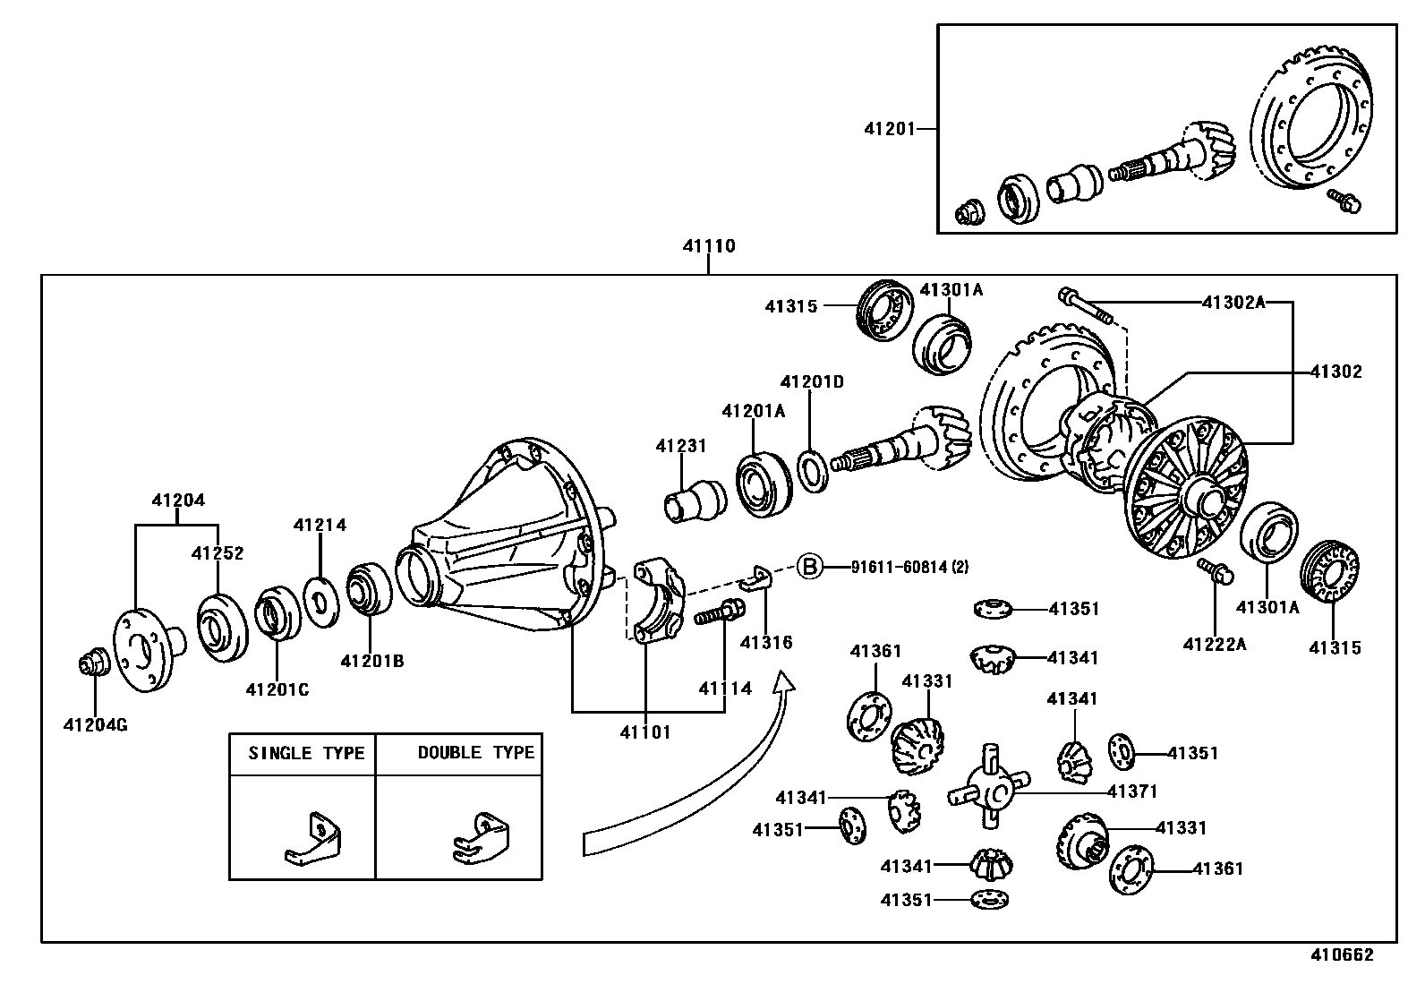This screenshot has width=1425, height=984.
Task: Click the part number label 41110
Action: [x=708, y=245]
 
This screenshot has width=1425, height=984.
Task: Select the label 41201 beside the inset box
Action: [x=889, y=129]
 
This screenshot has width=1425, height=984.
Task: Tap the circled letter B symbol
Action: [x=809, y=567]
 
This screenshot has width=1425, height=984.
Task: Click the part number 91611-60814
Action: [x=909, y=567]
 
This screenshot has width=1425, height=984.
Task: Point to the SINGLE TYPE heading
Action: [x=306, y=753]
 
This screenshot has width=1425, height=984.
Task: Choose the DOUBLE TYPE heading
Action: [x=475, y=753]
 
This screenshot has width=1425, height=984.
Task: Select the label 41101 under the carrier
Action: [x=645, y=732]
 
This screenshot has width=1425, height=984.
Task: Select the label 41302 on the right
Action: [x=1336, y=371]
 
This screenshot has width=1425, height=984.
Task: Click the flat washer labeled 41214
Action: [x=320, y=601]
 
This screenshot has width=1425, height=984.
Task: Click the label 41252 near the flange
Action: [x=217, y=553]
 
